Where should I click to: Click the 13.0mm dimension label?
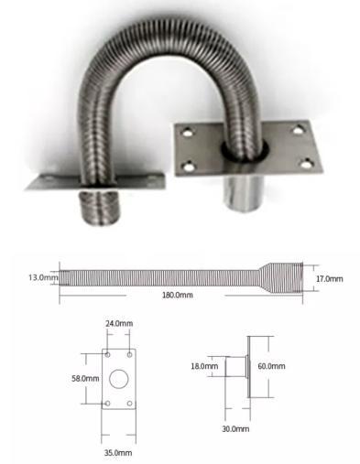tap(42, 275)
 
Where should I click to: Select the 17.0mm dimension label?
tap(329, 277)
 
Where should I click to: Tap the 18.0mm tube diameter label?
tap(204, 366)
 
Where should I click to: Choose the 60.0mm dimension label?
tap(271, 366)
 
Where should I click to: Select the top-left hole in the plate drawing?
tap(108, 354)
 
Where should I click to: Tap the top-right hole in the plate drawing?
tap(130, 354)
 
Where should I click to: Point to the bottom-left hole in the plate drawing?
tap(108, 403)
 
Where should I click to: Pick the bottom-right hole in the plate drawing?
tap(130, 403)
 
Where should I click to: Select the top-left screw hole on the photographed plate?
tap(187, 134)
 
